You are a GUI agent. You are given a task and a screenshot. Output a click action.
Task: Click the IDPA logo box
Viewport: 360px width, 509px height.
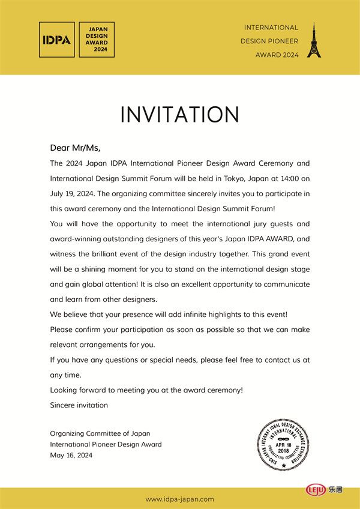56,40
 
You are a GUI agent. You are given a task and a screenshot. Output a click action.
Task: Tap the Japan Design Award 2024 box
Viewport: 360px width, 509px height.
97,40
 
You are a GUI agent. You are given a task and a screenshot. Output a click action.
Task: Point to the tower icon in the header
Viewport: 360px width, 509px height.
313,41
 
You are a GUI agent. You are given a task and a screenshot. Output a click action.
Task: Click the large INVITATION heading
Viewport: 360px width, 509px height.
180,115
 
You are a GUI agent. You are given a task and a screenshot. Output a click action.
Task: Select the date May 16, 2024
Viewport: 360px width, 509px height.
71,455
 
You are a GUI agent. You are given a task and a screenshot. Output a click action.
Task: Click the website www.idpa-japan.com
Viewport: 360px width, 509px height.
180,499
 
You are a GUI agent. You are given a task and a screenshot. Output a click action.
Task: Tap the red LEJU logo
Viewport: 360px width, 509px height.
316,490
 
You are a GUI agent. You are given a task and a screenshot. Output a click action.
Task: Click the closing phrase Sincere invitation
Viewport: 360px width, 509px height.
79,405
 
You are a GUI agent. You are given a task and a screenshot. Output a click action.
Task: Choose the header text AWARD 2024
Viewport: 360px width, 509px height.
277,55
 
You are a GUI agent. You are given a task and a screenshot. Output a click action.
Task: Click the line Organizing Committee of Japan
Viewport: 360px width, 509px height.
100,433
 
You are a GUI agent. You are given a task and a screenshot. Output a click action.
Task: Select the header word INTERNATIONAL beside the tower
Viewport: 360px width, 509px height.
271,28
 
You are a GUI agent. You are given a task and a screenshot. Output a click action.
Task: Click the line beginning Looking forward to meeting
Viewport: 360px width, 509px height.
146,390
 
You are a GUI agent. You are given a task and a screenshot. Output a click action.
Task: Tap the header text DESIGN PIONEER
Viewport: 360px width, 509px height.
269,41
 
